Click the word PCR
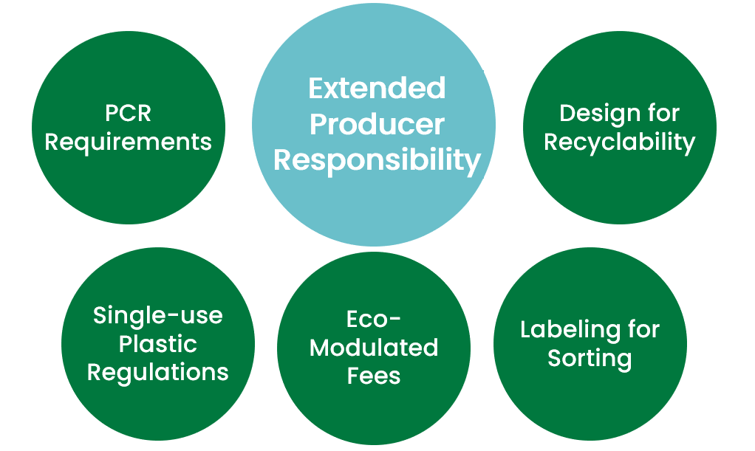[128, 114]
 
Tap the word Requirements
[128, 142]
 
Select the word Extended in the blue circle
[377, 89]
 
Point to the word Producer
[377, 124]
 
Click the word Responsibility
[377, 159]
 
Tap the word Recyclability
[619, 142]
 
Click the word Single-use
[157, 316]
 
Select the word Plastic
[157, 344]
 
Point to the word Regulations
[157, 372]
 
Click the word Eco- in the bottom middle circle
[373, 319]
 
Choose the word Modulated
[373, 347]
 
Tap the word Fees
[373, 375]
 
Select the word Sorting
[589, 359]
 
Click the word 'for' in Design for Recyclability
[661, 114]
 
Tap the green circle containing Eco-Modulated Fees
[373, 413]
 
